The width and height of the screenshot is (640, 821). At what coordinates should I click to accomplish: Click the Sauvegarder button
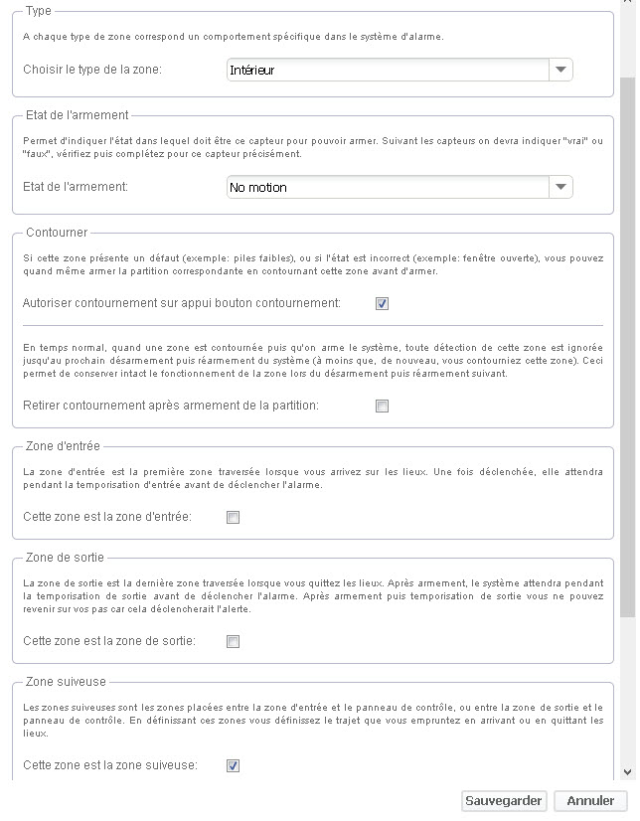point(504,800)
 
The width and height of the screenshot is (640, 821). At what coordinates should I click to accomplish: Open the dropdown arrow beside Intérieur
point(561,70)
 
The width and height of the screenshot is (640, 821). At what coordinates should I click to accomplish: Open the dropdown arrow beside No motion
point(561,187)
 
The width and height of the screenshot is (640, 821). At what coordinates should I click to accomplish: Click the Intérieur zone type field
point(388,70)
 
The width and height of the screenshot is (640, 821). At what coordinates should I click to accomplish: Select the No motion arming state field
point(388,187)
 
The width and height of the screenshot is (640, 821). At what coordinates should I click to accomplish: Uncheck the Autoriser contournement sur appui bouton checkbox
point(383,303)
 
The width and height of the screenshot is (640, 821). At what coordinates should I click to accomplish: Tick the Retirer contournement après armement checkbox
point(383,406)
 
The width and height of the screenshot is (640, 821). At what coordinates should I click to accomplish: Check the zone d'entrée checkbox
point(233,517)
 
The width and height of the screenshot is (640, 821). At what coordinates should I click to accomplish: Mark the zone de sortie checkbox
point(233,641)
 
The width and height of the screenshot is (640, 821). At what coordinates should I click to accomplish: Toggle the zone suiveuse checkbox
point(233,765)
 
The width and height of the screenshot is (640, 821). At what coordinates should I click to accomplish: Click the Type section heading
point(39,11)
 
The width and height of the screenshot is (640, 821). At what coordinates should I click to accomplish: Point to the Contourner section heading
point(56,233)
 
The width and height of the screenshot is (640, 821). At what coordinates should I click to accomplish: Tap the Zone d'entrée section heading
point(62,446)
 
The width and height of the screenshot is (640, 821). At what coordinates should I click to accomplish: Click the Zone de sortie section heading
point(64,558)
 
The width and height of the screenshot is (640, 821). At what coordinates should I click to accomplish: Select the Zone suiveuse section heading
point(65,682)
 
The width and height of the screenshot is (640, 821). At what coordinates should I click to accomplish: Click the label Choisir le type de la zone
point(92,71)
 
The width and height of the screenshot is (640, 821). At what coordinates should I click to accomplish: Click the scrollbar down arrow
point(627,771)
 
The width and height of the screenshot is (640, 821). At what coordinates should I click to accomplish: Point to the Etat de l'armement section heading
point(77,115)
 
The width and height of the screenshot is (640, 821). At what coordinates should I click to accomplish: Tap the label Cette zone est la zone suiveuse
point(110,765)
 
